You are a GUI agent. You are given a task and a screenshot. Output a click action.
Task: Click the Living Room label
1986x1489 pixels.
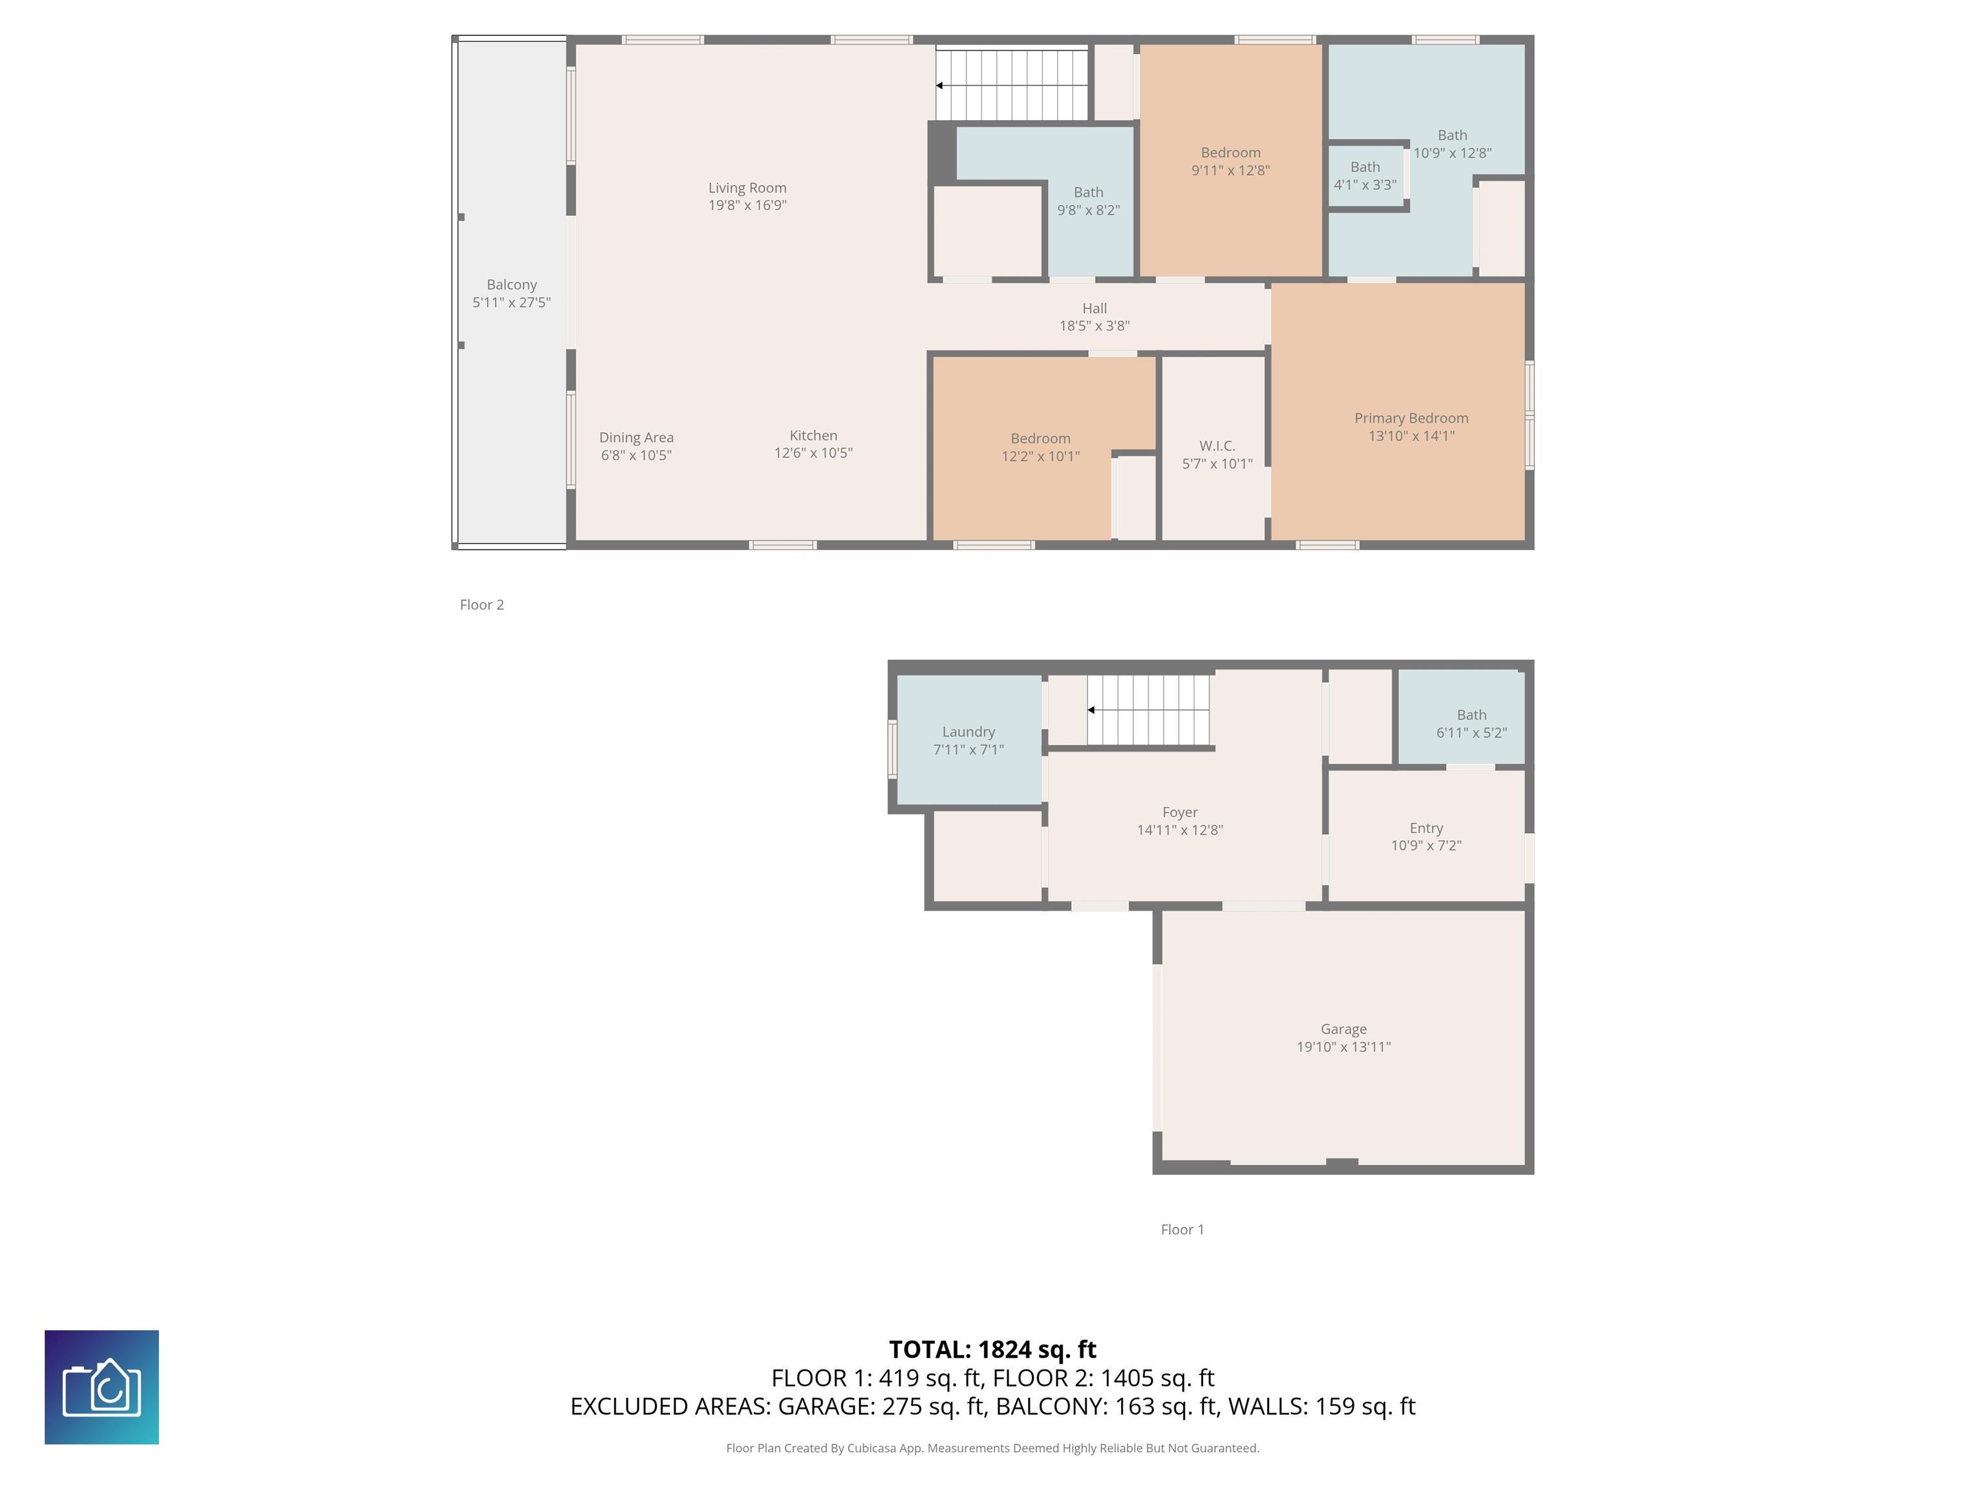click(x=747, y=187)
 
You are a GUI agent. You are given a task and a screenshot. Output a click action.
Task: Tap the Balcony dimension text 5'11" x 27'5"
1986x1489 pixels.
click(x=512, y=302)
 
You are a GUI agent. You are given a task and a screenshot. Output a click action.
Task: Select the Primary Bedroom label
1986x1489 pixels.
click(x=1411, y=418)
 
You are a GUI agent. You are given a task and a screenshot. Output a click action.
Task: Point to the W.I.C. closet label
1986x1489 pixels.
click(x=1217, y=446)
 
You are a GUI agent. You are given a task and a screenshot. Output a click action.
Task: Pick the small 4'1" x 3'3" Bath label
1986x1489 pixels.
click(x=1365, y=167)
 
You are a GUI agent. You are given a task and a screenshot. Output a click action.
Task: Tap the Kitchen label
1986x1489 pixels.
click(x=813, y=436)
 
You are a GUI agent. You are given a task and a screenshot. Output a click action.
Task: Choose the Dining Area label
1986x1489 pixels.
click(x=637, y=438)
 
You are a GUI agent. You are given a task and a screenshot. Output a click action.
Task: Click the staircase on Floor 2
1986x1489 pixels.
click(x=1012, y=85)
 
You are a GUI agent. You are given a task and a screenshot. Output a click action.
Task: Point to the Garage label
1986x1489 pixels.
click(x=1344, y=1030)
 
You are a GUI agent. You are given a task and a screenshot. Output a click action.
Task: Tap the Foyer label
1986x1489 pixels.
click(x=1180, y=812)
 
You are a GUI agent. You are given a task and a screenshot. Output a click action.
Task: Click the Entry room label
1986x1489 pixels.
click(x=1427, y=829)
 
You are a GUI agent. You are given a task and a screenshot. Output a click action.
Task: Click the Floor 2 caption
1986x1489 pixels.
click(x=482, y=605)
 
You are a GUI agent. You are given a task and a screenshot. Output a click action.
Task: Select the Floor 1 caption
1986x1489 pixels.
click(x=1182, y=1230)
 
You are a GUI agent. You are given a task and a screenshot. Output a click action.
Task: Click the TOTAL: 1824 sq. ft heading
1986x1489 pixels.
click(x=993, y=1350)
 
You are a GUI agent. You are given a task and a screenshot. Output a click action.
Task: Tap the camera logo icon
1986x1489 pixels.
click(x=101, y=1388)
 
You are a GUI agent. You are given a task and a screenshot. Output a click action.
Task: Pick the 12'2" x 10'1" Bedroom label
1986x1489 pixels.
click(x=1041, y=439)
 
